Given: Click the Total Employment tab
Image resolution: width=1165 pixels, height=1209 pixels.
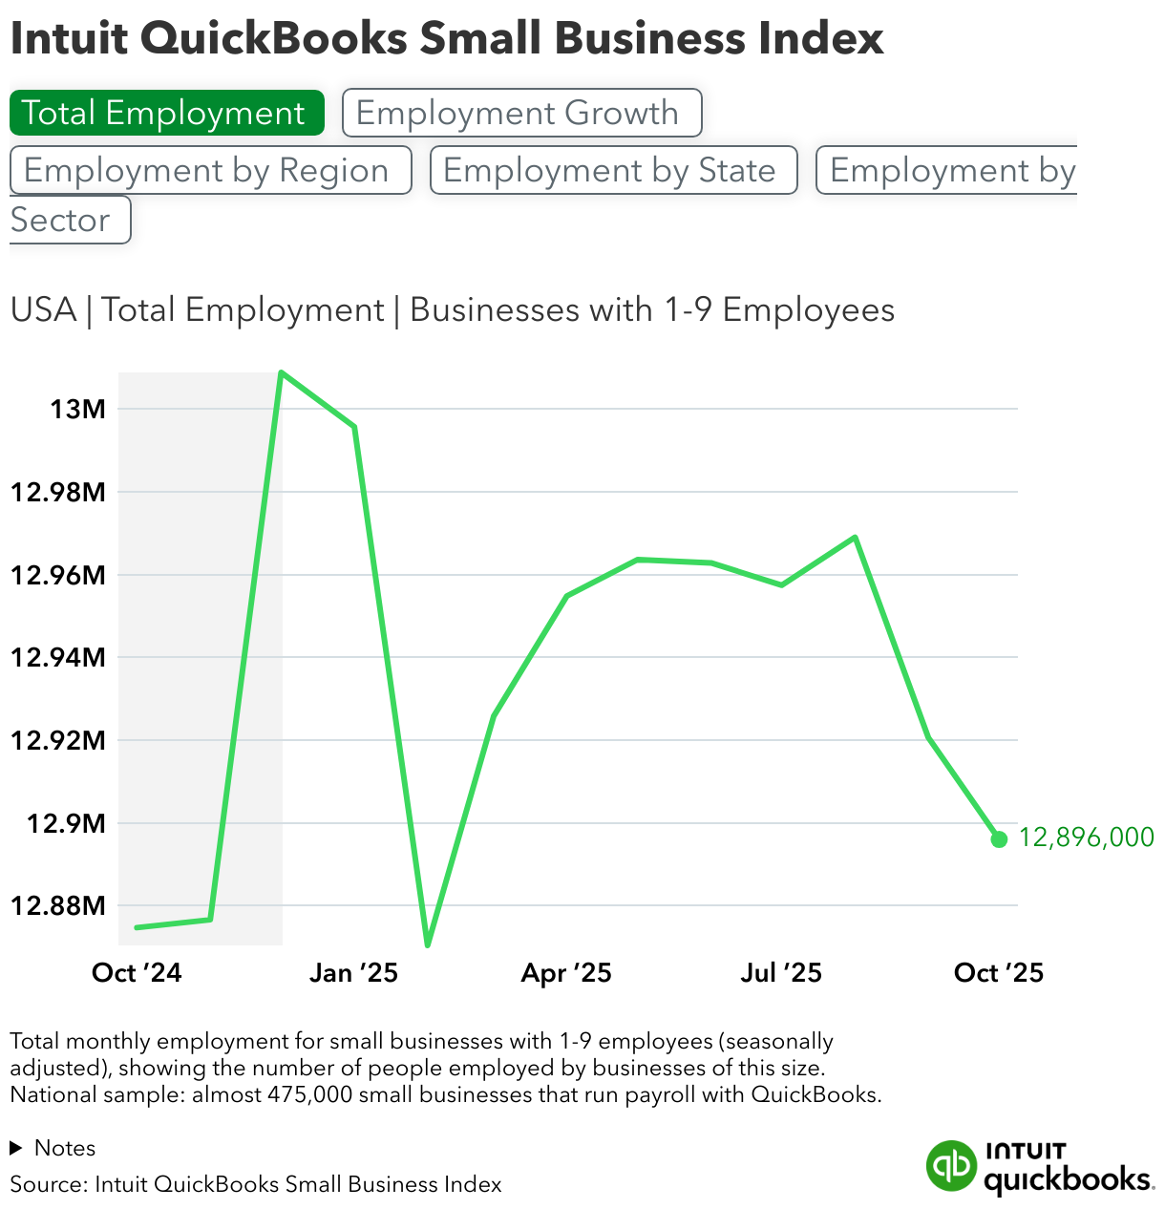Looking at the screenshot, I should point(166,113).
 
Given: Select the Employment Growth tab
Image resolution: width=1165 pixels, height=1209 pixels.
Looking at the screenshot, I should point(521,113).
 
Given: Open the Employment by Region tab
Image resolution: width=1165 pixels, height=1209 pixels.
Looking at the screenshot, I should point(210,170).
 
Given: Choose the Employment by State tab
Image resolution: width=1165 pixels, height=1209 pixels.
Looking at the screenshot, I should point(613,170).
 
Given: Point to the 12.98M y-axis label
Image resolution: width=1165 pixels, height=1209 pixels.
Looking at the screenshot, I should point(57,493).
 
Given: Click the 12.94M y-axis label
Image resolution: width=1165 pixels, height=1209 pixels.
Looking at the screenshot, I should point(57,657).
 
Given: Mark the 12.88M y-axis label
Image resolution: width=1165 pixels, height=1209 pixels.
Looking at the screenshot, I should point(57,905).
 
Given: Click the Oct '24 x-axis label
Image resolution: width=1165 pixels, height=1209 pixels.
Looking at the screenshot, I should point(137,973).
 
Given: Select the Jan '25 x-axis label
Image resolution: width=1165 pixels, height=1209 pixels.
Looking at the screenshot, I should point(353,973).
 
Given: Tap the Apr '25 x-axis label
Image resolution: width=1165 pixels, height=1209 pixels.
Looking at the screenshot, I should point(566,973).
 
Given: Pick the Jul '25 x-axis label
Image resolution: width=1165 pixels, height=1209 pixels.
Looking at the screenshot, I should point(781,973).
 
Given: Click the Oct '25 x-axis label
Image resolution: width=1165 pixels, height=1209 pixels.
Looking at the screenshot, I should point(999,973).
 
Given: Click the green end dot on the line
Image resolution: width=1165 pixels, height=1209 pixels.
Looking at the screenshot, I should point(999,839).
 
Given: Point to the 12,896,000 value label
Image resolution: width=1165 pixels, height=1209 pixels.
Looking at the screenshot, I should point(1086,838).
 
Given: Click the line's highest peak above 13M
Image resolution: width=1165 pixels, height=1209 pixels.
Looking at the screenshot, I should point(281,372).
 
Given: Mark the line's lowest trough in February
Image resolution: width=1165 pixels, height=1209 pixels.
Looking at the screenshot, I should point(427,944).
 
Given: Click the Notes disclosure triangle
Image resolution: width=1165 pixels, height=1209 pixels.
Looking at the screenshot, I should point(16,1148).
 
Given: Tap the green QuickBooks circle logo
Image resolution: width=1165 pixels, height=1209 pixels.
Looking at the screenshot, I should point(951,1166).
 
